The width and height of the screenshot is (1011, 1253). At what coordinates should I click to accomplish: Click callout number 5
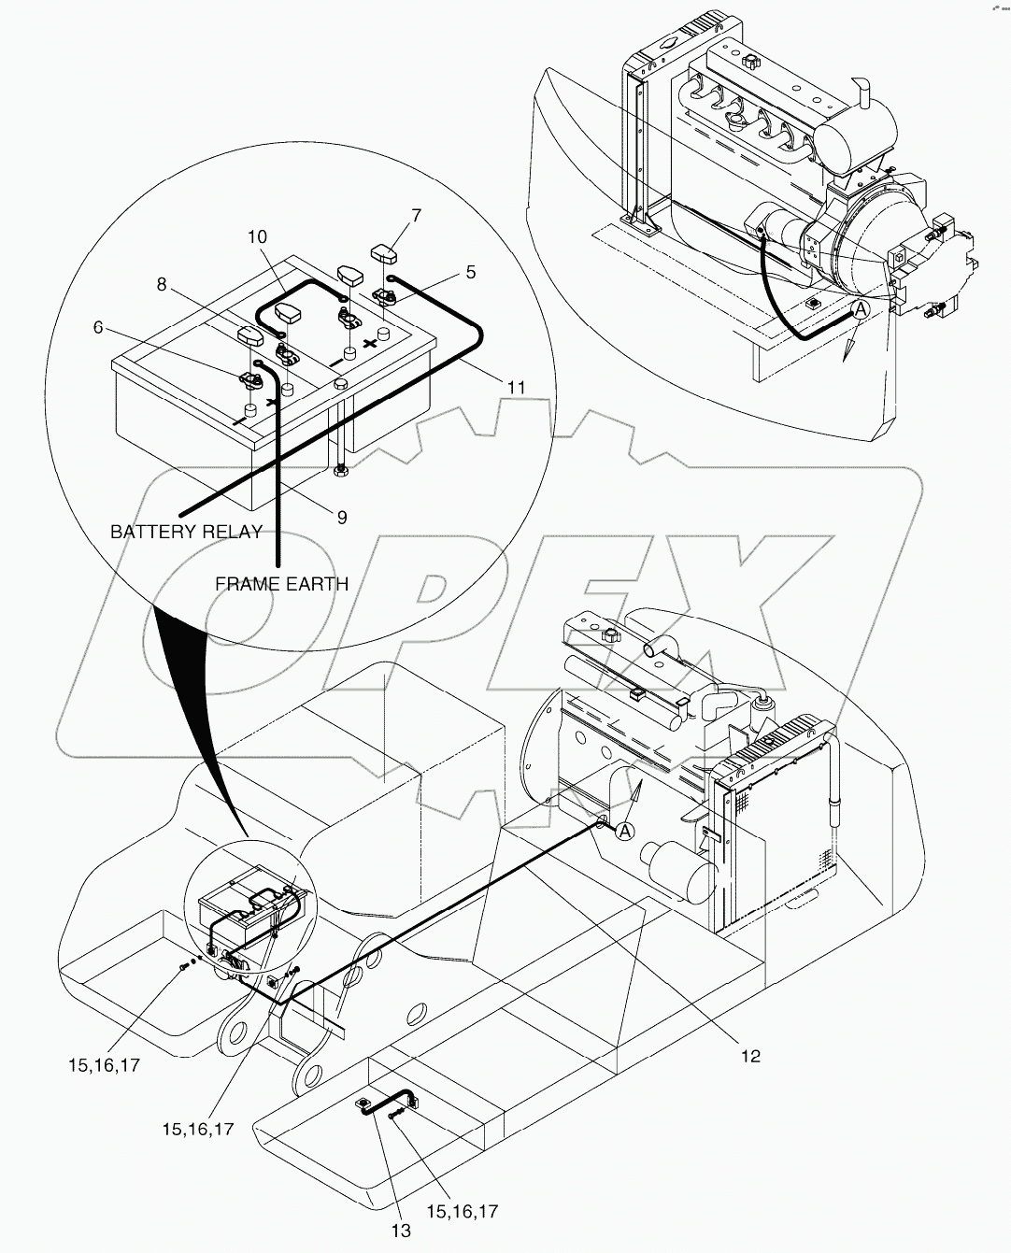click(x=470, y=272)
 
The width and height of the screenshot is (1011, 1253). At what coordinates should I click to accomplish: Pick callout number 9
click(x=342, y=516)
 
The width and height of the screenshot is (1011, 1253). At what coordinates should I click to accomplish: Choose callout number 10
click(x=257, y=237)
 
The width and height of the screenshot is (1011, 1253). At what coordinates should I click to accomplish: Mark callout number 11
click(x=516, y=387)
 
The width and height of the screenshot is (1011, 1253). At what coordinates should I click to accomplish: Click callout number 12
click(x=750, y=1056)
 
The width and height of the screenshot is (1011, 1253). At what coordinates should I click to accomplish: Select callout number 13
click(x=401, y=1231)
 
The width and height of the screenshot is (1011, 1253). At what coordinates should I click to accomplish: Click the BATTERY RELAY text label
click(x=185, y=532)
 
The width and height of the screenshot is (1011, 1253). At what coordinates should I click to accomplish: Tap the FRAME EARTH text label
click(x=281, y=583)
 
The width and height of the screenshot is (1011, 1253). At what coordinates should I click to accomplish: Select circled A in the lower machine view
click(x=625, y=831)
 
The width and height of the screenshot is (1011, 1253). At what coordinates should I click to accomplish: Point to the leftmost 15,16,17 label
click(x=104, y=1064)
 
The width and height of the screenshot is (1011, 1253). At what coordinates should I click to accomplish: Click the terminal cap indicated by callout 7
click(x=385, y=252)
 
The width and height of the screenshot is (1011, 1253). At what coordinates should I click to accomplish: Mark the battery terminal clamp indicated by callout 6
click(x=250, y=378)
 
